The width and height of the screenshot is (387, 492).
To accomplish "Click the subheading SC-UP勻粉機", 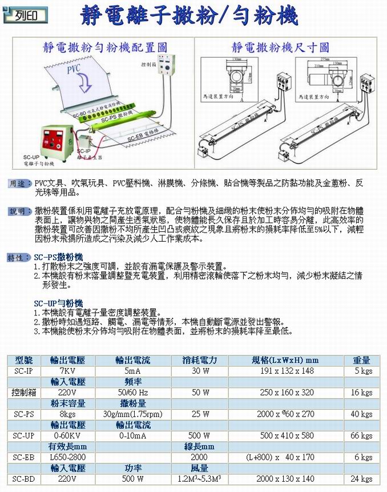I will tap(59, 303).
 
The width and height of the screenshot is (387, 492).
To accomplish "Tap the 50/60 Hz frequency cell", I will tap(133, 392).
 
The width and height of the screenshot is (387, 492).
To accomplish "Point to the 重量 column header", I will tap(361, 360).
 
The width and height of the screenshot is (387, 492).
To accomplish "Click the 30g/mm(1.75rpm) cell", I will tap(133, 414).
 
